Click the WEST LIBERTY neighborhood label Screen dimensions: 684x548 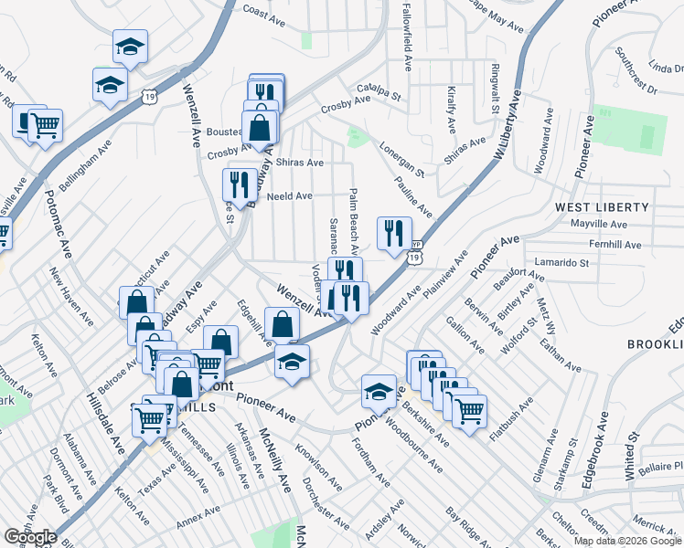tap(602, 207)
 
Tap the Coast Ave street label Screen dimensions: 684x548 tap(266, 14)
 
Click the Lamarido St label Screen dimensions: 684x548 tap(562, 262)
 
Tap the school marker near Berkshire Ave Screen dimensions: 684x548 tap(379, 391)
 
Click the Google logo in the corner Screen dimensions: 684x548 tap(30, 537)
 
